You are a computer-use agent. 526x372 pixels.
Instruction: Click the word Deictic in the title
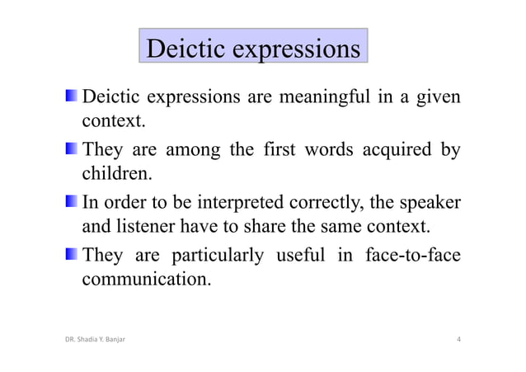185,49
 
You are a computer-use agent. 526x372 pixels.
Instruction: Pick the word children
116,174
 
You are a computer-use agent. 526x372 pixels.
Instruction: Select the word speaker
427,203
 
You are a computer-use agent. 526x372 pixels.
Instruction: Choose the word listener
150,225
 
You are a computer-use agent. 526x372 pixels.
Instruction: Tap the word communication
145,278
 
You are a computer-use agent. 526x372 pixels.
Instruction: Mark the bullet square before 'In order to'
73,202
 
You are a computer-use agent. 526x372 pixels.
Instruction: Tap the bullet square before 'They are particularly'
73,254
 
